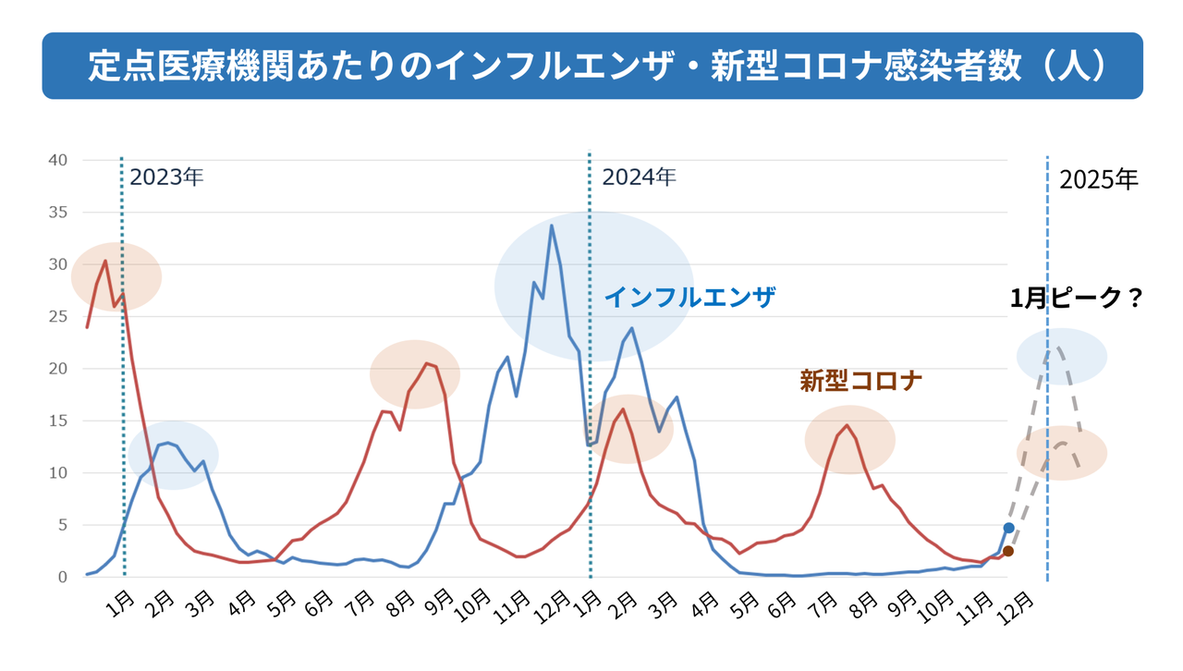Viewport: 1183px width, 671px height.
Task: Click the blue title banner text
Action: pos(591,66)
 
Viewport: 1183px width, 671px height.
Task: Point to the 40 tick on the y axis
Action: pos(58,160)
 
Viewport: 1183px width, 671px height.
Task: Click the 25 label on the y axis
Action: pos(58,316)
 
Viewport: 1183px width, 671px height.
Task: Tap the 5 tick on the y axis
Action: pos(62,525)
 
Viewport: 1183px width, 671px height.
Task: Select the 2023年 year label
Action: pos(166,177)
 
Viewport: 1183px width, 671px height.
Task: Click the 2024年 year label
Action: pos(639,177)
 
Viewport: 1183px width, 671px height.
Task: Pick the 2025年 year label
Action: pos(1099,180)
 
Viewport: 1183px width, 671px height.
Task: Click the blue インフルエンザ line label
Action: pos(689,298)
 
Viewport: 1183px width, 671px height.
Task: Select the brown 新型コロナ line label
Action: pos(861,381)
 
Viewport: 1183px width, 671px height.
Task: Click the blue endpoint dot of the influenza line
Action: pos(1008,528)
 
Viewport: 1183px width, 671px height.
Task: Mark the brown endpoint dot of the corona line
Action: pos(1008,551)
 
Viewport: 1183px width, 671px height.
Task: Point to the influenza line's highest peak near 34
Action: pos(552,226)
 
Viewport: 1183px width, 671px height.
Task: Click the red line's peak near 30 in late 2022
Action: pos(105,261)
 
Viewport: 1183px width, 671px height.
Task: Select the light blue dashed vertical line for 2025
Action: pos(1047,416)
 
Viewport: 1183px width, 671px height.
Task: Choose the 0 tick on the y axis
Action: pos(62,577)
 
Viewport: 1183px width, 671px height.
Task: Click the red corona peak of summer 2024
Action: pos(846,426)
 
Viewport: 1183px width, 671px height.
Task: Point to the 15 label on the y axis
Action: pos(58,421)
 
